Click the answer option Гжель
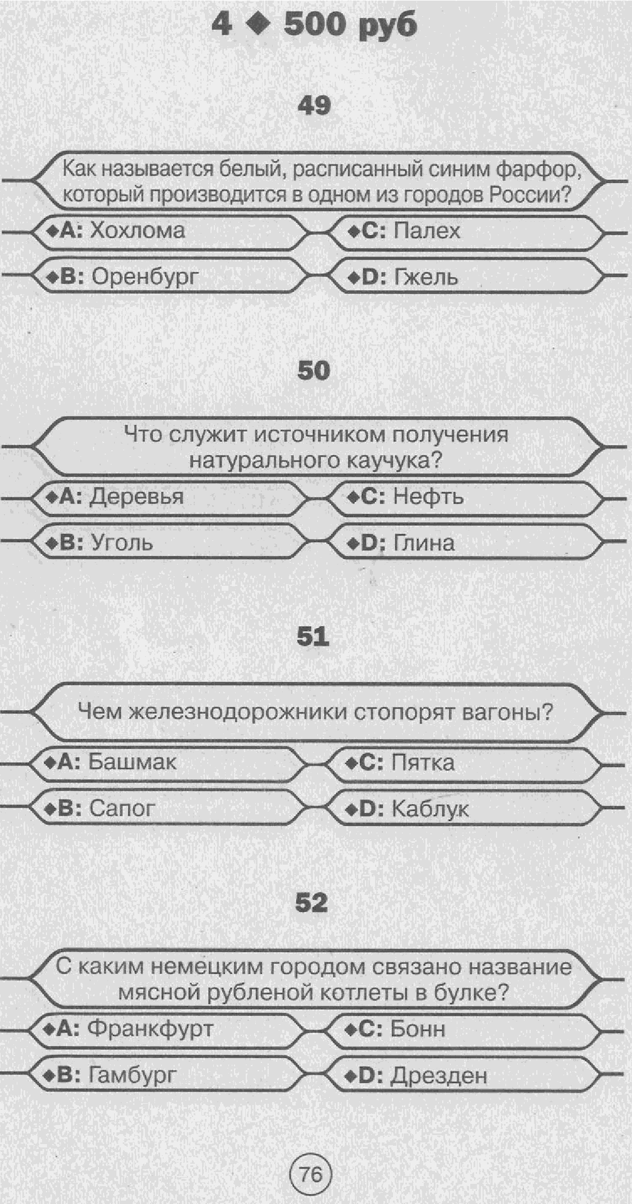tap(425, 277)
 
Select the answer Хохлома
tap(137, 231)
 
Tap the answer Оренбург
tap(144, 277)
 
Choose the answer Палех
tap(427, 231)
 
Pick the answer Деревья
tap(137, 497)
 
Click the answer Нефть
tap(428, 496)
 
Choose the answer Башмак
tap(132, 762)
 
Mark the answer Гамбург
tap(132, 1075)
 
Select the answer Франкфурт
tap(150, 1028)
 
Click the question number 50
tap(313, 371)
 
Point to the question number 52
tap(312, 902)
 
